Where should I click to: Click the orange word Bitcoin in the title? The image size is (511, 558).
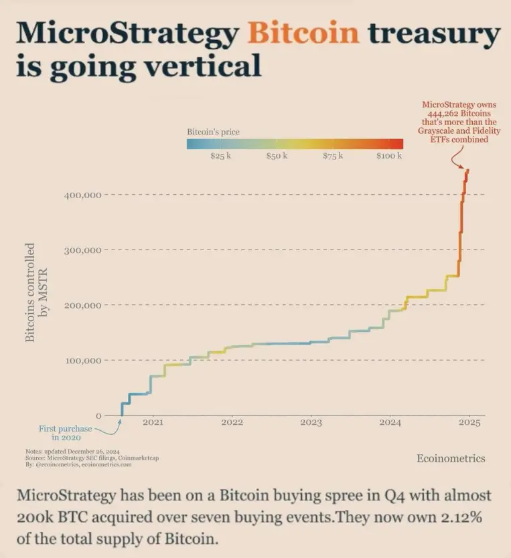tap(303, 33)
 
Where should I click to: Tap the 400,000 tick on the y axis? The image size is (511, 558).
tap(82, 195)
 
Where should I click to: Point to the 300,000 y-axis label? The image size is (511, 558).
tap(82, 250)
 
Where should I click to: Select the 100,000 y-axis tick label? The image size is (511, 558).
tap(82, 361)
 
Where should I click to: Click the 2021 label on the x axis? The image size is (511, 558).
tap(153, 422)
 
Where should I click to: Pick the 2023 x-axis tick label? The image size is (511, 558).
tap(311, 422)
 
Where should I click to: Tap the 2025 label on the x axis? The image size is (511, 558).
tap(469, 422)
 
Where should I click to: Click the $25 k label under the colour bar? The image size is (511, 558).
tap(220, 156)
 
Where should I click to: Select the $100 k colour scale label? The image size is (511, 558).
tap(389, 156)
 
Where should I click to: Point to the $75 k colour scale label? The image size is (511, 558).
tap(333, 156)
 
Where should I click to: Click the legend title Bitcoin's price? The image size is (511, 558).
tap(213, 132)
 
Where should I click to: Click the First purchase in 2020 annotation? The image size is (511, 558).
tap(65, 433)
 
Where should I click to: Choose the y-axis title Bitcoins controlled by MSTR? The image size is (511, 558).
tap(36, 292)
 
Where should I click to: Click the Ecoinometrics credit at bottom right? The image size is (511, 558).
tap(451, 458)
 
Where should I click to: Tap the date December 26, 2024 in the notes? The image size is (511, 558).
tap(93, 451)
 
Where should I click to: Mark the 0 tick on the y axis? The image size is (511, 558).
tap(98, 415)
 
